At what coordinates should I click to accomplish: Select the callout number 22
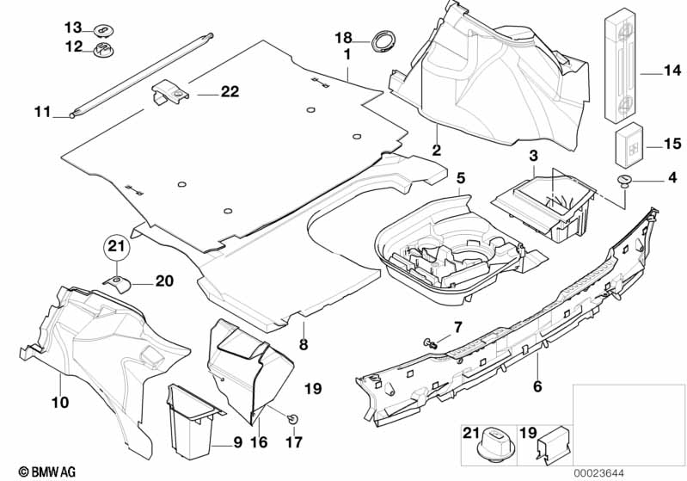point(229,92)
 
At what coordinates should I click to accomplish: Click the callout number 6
point(537,386)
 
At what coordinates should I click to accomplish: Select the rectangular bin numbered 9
point(190,422)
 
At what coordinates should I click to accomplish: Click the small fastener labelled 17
point(294,418)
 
